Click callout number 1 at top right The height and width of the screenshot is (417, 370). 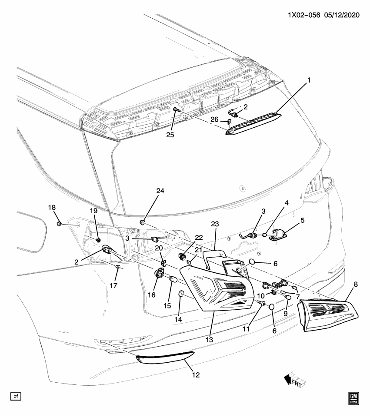[x=310, y=80]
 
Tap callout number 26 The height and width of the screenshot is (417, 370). [x=214, y=119]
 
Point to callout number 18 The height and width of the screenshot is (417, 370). [x=55, y=208]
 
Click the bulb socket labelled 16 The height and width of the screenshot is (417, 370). [x=160, y=275]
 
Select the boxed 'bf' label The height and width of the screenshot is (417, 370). [x=16, y=396]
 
